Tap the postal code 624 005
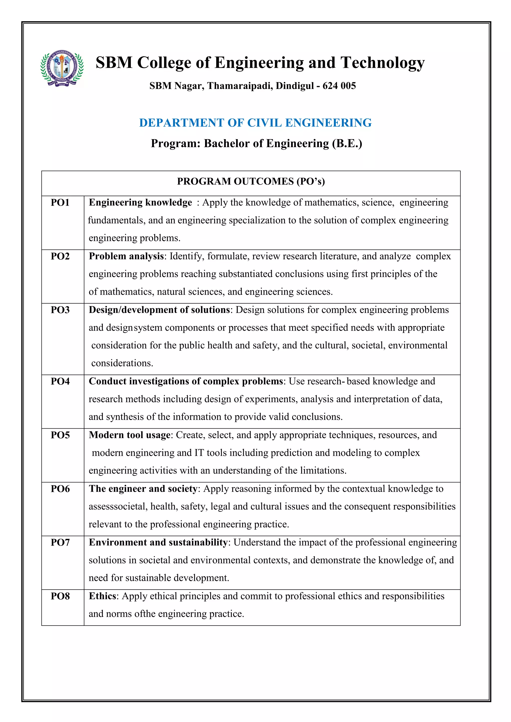(x=339, y=86)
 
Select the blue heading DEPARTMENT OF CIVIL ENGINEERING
(x=255, y=123)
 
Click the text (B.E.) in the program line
(x=347, y=143)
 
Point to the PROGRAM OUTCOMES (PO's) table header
(x=251, y=181)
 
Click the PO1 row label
(x=60, y=202)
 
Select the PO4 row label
(x=60, y=381)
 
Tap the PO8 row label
(x=60, y=596)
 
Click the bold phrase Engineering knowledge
(x=140, y=202)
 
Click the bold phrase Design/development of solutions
(x=159, y=310)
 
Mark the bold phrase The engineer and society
(x=143, y=489)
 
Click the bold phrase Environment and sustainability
(x=158, y=542)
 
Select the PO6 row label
(x=60, y=489)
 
